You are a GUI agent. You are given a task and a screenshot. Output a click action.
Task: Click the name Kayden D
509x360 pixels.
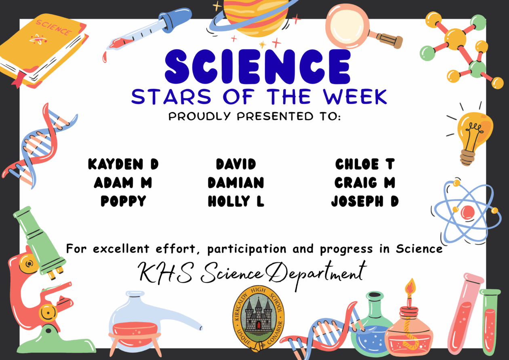(123, 164)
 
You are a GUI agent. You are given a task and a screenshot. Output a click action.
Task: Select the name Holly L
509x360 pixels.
(236, 201)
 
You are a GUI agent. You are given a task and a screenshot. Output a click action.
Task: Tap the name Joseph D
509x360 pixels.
(365, 201)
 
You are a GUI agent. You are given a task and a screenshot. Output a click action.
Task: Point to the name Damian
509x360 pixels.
(236, 183)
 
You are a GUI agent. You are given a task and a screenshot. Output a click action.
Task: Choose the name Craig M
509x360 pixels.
(365, 183)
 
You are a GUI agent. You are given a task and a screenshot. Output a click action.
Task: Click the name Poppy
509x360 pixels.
(123, 201)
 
